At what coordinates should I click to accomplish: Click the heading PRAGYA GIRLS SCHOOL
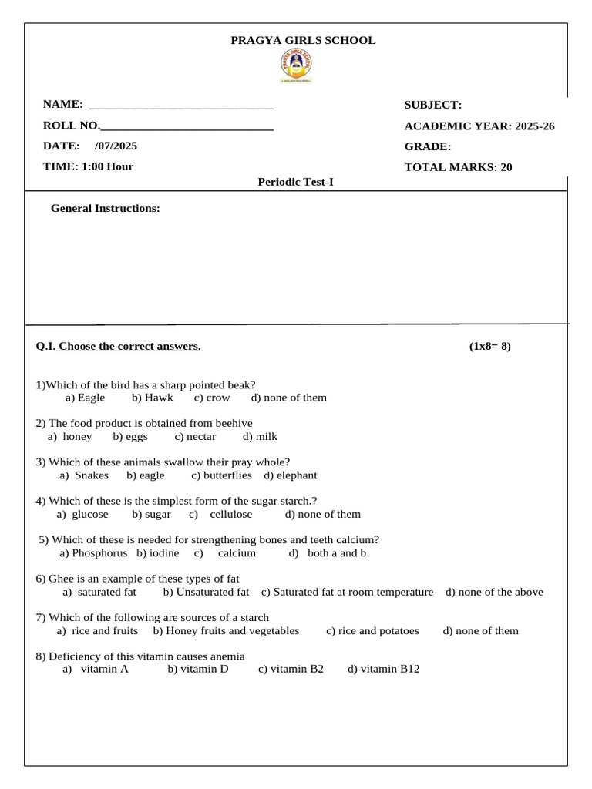(x=303, y=41)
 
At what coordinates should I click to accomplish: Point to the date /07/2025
(x=116, y=146)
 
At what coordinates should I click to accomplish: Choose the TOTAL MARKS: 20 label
(x=458, y=166)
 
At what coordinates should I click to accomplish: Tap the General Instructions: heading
(x=105, y=208)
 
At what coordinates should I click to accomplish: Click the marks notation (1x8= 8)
(x=489, y=346)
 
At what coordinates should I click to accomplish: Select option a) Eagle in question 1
(x=85, y=398)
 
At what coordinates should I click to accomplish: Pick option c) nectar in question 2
(x=195, y=436)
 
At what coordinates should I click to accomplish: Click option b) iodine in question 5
(x=157, y=553)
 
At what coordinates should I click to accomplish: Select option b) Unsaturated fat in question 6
(x=206, y=592)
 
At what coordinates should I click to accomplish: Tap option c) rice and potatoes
(x=372, y=630)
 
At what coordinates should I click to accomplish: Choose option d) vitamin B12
(x=383, y=669)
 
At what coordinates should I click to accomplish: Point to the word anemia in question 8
(x=227, y=656)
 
